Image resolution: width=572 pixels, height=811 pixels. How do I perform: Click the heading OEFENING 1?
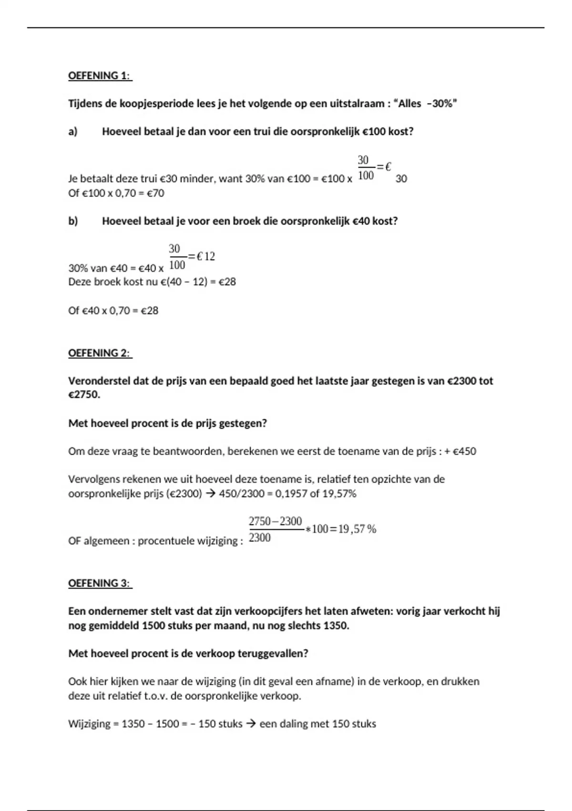[100, 76]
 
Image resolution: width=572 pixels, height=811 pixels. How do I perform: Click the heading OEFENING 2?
[100, 353]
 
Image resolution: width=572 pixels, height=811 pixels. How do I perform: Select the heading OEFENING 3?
[100, 583]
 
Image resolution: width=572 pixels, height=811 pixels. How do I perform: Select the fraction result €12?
[205, 257]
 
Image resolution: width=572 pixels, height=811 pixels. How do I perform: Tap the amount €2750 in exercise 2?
[84, 395]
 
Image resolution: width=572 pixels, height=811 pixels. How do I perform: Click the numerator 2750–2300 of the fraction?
[276, 521]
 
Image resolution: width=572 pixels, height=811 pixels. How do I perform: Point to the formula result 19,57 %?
[357, 529]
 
